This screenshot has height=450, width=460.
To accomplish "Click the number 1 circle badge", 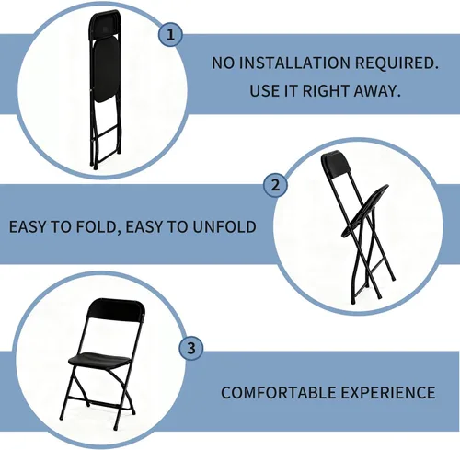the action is coord(170,35).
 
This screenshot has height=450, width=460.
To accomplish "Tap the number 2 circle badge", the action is coord(276,185).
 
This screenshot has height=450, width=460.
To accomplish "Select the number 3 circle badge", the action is coord(191,348).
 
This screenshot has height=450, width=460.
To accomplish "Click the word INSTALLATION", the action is coord(294,63).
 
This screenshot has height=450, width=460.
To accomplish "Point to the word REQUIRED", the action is coord(397,63).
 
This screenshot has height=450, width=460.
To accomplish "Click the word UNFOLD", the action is coord(224,227).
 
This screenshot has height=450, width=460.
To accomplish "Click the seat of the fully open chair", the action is coord(99,361).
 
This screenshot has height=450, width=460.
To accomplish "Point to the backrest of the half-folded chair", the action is coord(336,164).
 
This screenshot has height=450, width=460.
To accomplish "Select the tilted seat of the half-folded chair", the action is coord(365,211).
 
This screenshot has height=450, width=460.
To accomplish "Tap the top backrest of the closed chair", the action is coord(104,25).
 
